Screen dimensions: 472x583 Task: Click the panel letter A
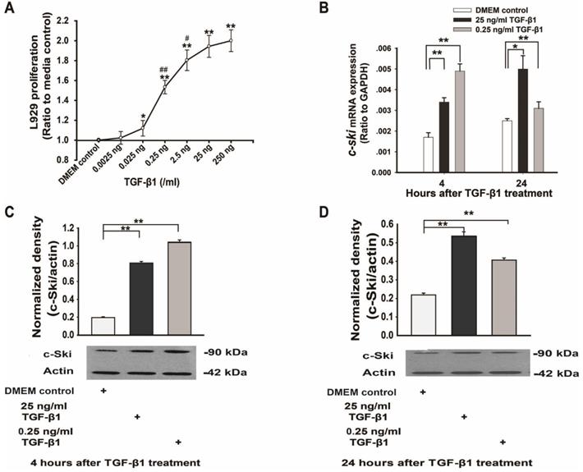click(x=12, y=11)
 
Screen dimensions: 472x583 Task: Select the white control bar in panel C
click(x=103, y=326)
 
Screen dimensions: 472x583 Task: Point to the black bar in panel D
click(x=465, y=286)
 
